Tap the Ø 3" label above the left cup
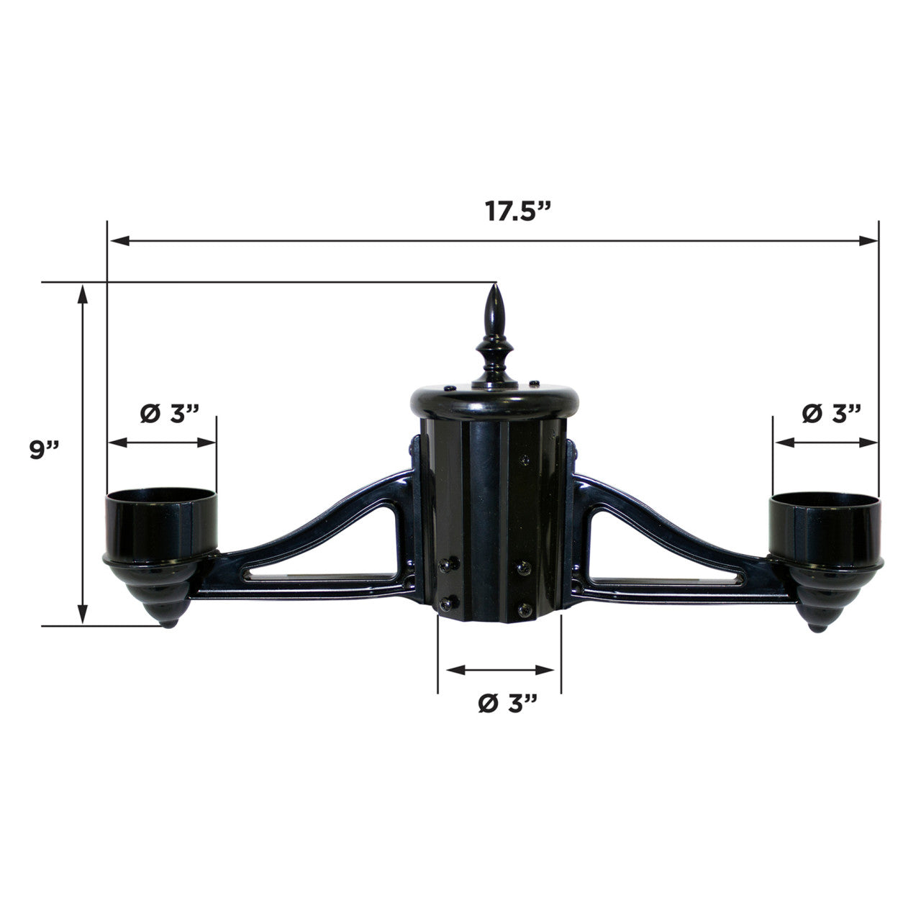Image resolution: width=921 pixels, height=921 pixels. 168,414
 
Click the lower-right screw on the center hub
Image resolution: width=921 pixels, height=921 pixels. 524,609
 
